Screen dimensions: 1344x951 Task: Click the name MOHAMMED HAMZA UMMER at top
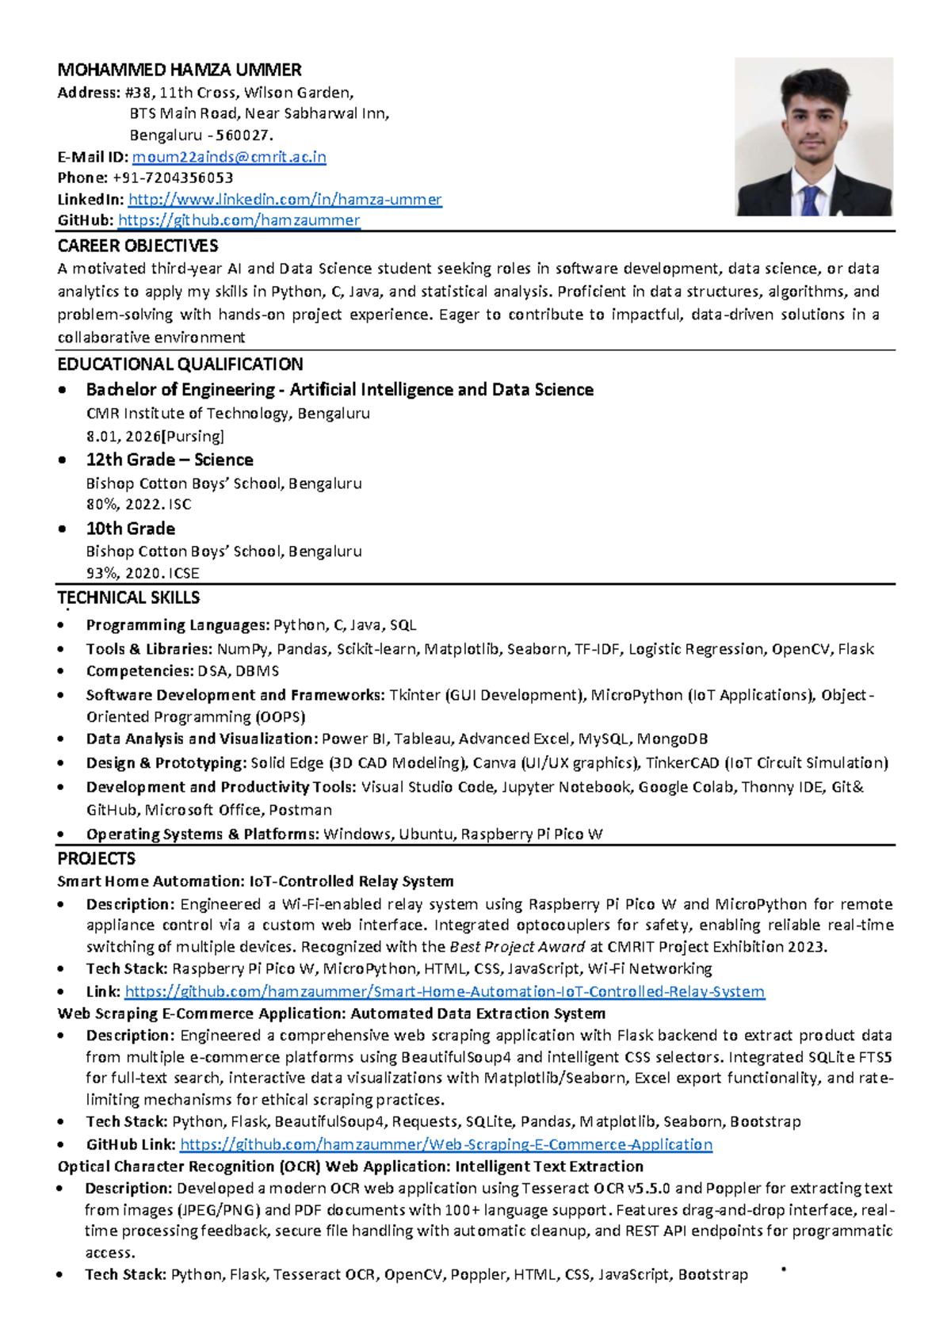point(179,70)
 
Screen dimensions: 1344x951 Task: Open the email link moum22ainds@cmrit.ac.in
point(229,157)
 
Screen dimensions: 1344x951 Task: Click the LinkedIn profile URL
point(285,199)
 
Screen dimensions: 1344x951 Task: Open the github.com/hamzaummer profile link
point(239,220)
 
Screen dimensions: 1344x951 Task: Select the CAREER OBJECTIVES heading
point(137,246)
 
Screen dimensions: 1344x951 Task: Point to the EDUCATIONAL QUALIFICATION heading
point(180,365)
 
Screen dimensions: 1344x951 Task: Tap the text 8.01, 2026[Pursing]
point(155,436)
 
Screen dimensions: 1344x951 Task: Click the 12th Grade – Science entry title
point(170,460)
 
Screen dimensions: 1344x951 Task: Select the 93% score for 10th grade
point(100,573)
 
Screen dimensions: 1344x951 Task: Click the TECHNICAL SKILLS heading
point(128,598)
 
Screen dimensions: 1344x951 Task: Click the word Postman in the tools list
point(300,810)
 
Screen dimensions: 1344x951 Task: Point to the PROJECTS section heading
point(96,859)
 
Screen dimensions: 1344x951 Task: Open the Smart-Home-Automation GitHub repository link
point(445,991)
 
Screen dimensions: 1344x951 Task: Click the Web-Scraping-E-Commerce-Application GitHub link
point(446,1144)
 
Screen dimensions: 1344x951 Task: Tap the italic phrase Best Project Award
point(517,947)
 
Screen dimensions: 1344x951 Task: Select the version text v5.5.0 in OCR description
point(649,1188)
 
